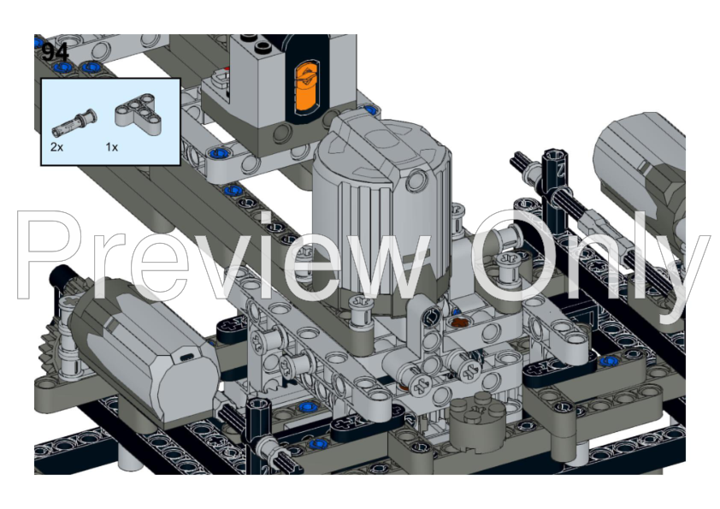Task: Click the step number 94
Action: point(56,51)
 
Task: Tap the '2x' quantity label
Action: point(56,147)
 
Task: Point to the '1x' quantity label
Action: point(111,147)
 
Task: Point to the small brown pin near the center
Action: point(461,323)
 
